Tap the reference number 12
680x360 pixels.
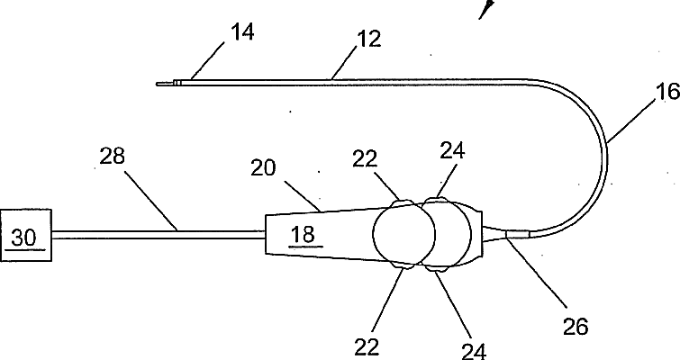click(369, 39)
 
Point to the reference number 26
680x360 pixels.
click(574, 327)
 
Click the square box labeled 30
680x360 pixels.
click(25, 237)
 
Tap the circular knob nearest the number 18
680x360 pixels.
click(403, 237)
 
